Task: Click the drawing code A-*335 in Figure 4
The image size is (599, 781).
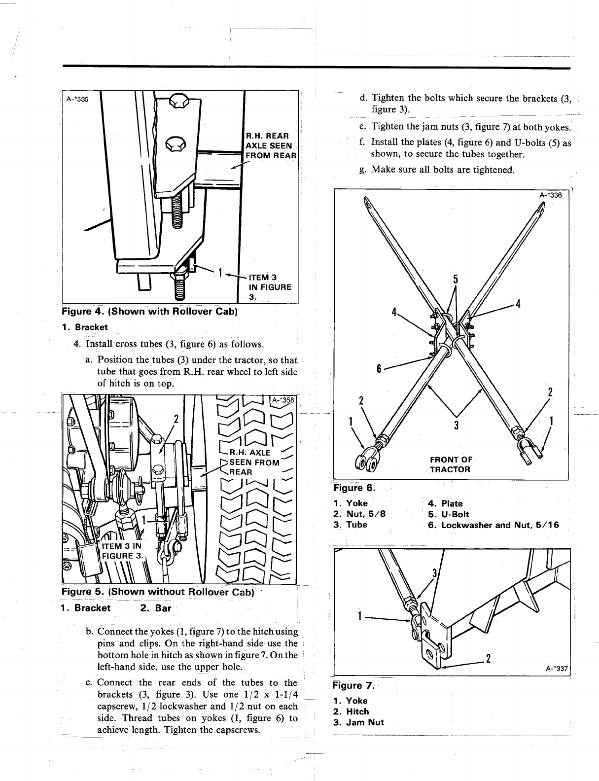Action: coord(77,99)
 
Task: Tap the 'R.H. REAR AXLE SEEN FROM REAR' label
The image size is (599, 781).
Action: coord(271,145)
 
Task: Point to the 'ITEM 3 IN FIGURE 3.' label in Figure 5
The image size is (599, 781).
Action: coord(122,551)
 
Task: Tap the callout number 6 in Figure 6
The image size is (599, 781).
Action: coord(379,369)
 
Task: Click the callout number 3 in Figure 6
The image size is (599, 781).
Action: coord(457,425)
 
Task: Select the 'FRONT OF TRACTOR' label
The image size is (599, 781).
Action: coord(451,464)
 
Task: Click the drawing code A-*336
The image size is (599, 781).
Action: coord(551,195)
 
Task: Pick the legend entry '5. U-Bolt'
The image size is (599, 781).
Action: coord(449,514)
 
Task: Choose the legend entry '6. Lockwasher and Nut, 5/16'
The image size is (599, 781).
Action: coord(493,525)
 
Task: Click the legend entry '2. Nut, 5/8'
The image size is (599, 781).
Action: coord(359,514)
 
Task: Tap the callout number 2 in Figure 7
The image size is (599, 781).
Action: coord(488,659)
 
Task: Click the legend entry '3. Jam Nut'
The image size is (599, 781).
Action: coord(358,723)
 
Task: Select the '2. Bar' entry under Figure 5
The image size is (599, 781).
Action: coord(155,608)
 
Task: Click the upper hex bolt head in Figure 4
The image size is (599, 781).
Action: coord(176,103)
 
